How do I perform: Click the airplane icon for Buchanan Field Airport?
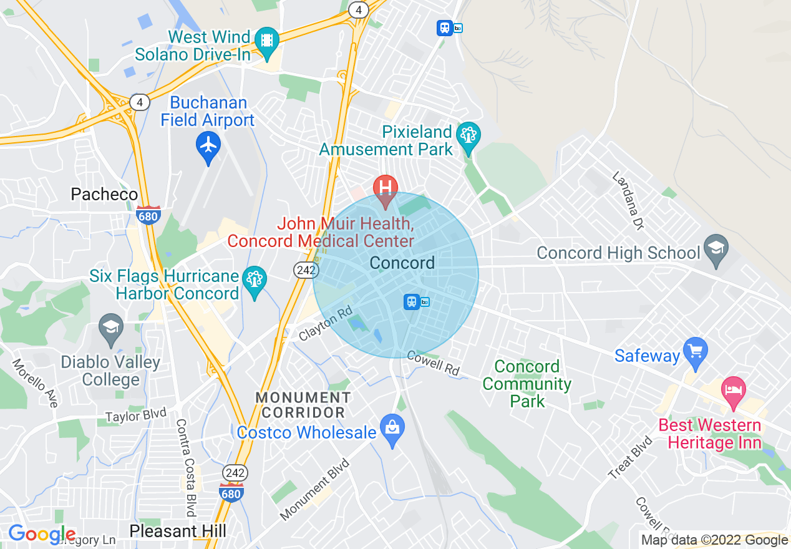[208, 146]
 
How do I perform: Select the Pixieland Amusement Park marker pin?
[468, 135]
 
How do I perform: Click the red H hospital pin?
[386, 188]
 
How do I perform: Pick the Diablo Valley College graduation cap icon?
[111, 328]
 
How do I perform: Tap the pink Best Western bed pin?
[733, 391]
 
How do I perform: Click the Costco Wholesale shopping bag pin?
[392, 429]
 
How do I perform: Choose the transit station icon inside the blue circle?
[412, 302]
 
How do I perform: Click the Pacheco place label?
[104, 195]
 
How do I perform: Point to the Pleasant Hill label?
[178, 531]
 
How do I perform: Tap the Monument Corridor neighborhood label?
[303, 405]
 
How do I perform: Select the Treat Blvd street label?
[630, 459]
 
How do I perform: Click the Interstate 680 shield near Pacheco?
[148, 215]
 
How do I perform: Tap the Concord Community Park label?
[527, 384]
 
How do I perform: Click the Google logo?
[42, 534]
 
